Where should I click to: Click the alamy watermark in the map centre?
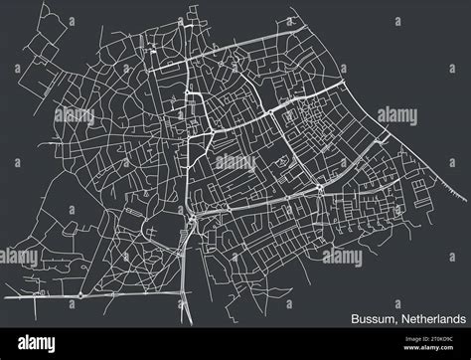(235, 162)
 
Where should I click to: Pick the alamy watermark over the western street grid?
(75, 116)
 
